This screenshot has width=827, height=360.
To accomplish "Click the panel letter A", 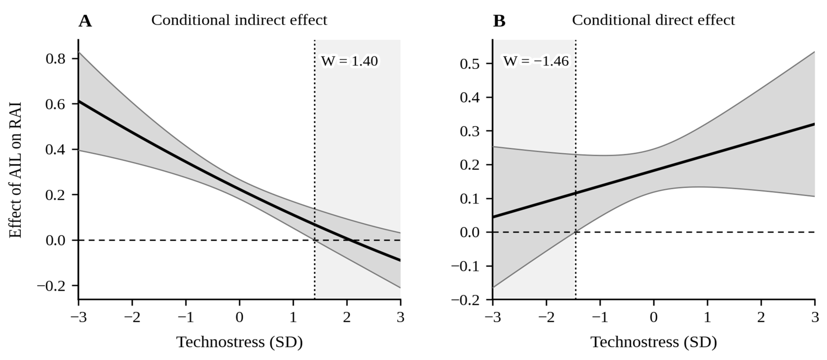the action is [85, 21].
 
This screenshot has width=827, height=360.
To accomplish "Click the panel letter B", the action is [499, 21].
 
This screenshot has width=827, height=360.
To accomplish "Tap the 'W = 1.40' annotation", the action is [350, 61].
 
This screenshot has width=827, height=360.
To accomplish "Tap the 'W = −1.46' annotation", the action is [536, 61].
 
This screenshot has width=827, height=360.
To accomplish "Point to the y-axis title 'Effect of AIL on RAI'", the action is [15, 170].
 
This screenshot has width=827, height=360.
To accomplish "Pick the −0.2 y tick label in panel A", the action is [51, 286].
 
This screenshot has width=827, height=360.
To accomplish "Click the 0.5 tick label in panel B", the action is [470, 64].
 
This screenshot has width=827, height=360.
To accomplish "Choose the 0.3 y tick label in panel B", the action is [470, 131].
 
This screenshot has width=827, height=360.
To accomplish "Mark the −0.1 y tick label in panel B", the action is [465, 266].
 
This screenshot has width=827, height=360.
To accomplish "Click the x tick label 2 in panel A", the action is [347, 317].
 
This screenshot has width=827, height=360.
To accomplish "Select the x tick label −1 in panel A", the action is [186, 317].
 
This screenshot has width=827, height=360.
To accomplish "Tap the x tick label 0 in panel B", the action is [654, 317].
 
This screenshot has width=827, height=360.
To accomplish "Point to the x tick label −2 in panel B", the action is [547, 317].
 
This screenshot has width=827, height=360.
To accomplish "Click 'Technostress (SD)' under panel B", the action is [654, 342].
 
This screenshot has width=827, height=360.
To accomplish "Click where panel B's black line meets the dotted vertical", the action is [576, 193].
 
